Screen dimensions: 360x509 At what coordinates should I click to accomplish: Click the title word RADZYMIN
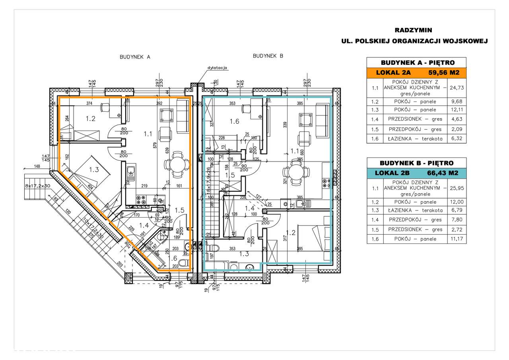[413, 30]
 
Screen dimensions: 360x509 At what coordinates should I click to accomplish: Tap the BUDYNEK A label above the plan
[135, 57]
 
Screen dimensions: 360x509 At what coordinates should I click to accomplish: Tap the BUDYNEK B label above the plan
[268, 56]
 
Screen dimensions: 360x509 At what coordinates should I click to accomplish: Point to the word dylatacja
[217, 68]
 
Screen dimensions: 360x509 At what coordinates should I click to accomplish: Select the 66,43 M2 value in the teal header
[443, 173]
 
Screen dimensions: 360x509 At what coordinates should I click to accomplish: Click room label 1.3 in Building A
[94, 169]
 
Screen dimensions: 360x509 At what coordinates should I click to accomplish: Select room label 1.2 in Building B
[291, 233]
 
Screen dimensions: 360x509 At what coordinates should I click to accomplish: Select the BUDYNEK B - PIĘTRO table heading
[416, 163]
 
